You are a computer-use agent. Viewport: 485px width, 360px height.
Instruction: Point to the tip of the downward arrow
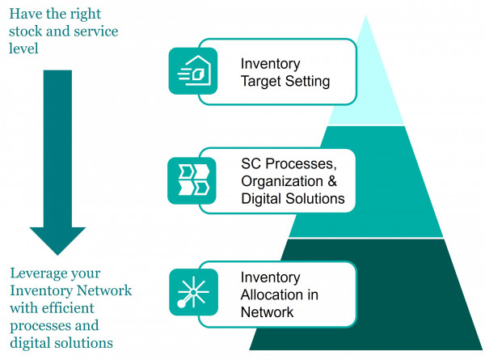[57, 253]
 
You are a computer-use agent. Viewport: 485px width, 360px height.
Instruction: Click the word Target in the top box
[259, 82]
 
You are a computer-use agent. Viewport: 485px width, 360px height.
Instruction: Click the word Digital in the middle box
[261, 198]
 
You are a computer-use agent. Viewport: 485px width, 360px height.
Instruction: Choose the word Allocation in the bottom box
[271, 294]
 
